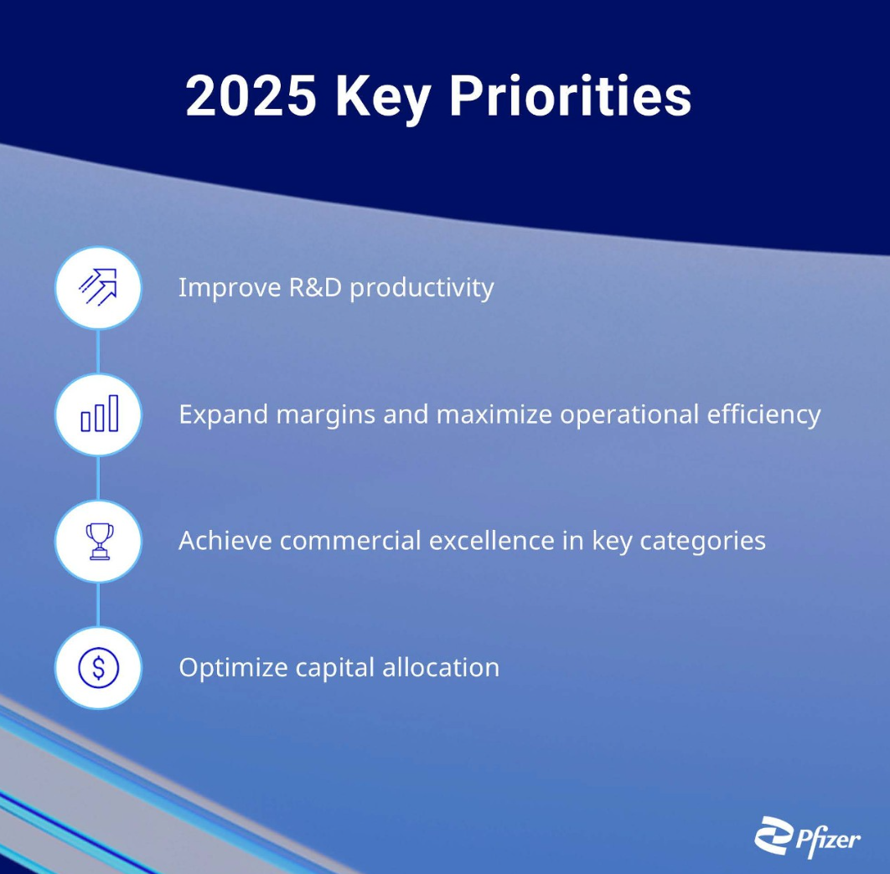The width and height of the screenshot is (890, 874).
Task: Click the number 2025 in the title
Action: click(251, 95)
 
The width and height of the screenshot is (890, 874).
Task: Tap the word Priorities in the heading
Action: click(571, 95)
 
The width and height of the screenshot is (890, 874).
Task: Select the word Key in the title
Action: click(382, 98)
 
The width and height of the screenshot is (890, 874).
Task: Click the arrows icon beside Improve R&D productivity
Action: click(98, 287)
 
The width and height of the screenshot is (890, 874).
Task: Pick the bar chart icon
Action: click(100, 414)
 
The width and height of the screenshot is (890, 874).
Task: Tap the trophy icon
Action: click(100, 541)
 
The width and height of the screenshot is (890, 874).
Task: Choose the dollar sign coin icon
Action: click(99, 667)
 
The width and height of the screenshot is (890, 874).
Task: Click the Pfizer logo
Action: click(807, 837)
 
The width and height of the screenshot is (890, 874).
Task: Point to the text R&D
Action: click(316, 287)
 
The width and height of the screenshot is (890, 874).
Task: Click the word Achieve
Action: click(225, 541)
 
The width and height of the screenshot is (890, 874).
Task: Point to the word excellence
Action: click(492, 541)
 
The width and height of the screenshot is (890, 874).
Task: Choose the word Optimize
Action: click(233, 668)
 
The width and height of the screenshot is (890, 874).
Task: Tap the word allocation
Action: click(441, 667)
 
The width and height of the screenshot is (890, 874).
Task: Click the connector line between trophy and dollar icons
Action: click(99, 604)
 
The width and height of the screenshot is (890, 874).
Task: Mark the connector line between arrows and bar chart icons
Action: click(99, 352)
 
